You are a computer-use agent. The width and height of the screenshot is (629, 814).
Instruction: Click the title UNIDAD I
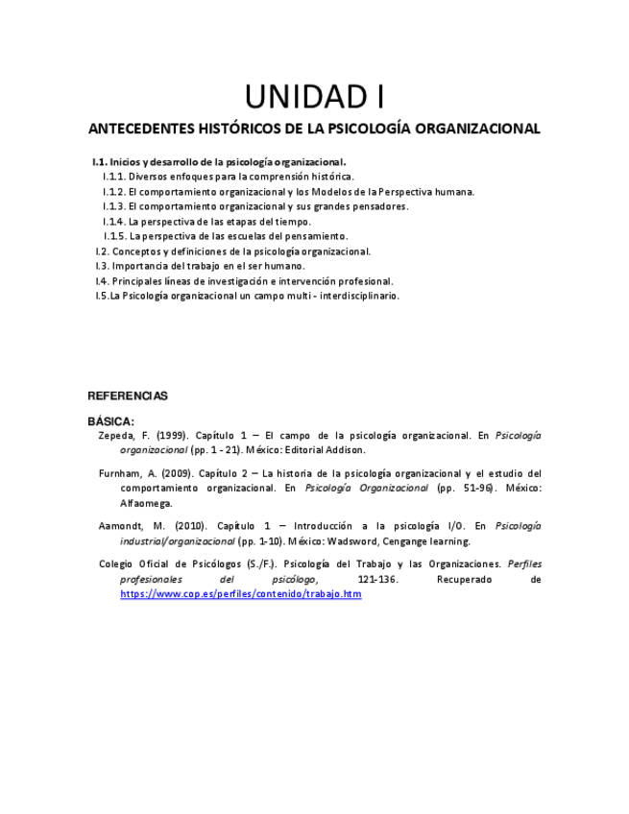tap(314, 97)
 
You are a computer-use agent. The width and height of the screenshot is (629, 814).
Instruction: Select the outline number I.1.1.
tap(114, 177)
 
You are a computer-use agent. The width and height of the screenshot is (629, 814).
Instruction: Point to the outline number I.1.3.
tap(114, 206)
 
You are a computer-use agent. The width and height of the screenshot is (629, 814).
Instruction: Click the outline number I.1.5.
tap(115, 236)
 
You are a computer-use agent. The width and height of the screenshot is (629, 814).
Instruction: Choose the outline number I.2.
tap(101, 251)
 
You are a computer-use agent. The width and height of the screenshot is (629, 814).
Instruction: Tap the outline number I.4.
tap(101, 281)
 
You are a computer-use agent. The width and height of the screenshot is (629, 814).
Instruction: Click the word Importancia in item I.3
tap(140, 266)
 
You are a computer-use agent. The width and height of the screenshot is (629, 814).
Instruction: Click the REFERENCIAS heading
tap(128, 395)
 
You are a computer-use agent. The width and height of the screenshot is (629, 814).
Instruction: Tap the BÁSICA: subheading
tap(111, 420)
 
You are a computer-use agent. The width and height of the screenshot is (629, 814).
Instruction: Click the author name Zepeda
tap(116, 435)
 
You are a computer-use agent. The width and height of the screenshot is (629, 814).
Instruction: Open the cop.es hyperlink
tap(240, 594)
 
